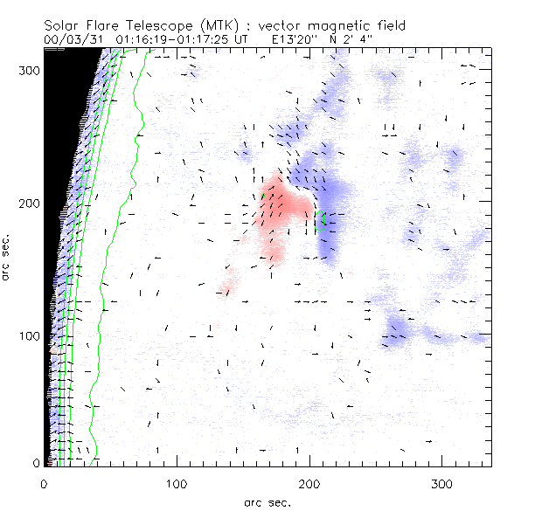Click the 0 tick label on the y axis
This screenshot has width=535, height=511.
pyautogui.click(x=36, y=463)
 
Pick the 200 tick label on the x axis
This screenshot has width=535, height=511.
pyautogui.click(x=309, y=483)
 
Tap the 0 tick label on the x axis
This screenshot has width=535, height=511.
pyautogui.click(x=44, y=483)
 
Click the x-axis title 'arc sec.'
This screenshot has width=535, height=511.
pyautogui.click(x=267, y=501)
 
